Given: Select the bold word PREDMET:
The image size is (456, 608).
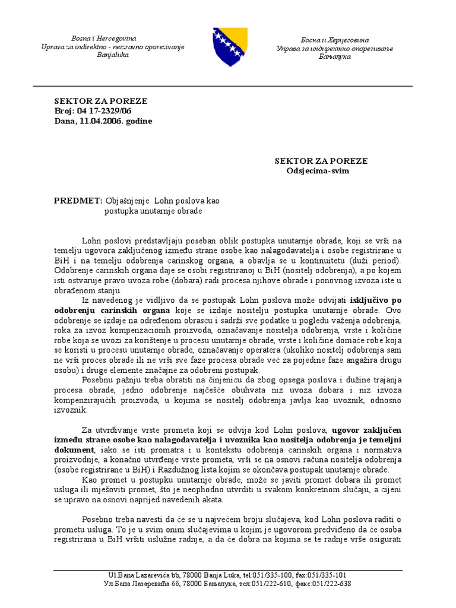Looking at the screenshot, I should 78,201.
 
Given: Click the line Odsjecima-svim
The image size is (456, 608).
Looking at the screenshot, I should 318,171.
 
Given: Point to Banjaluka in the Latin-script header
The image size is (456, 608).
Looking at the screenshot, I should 112,55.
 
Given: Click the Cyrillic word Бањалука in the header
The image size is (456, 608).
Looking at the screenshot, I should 331,56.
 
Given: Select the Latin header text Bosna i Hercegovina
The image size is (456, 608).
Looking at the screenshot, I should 104,38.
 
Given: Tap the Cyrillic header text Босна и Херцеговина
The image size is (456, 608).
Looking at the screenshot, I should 331,39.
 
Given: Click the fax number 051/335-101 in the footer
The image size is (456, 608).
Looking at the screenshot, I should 326,575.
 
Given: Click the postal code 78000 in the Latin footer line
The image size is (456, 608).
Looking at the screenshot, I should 191,575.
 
